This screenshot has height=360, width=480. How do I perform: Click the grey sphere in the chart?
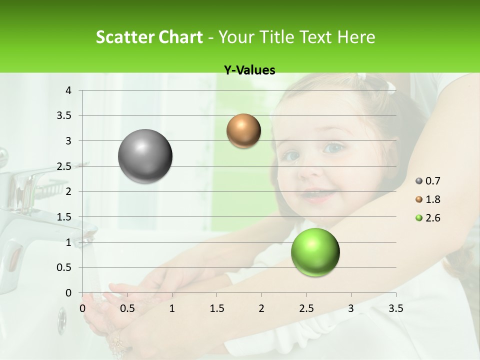tap(145, 156)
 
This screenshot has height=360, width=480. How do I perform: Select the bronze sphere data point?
tap(243, 131)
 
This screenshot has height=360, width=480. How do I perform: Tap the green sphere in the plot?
tap(315, 252)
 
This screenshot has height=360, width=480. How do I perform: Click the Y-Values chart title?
tap(249, 70)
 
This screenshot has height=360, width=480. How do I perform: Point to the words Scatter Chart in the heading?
tap(149, 37)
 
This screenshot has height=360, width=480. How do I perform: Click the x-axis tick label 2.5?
tap(306, 308)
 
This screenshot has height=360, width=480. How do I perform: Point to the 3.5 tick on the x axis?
tap(395, 308)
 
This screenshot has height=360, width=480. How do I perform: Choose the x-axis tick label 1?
tap(172, 308)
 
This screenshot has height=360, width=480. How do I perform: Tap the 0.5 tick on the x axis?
tap(127, 308)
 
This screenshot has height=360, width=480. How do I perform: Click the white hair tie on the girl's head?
tap(391, 88)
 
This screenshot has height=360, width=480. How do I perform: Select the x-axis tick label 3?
tap(351, 308)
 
